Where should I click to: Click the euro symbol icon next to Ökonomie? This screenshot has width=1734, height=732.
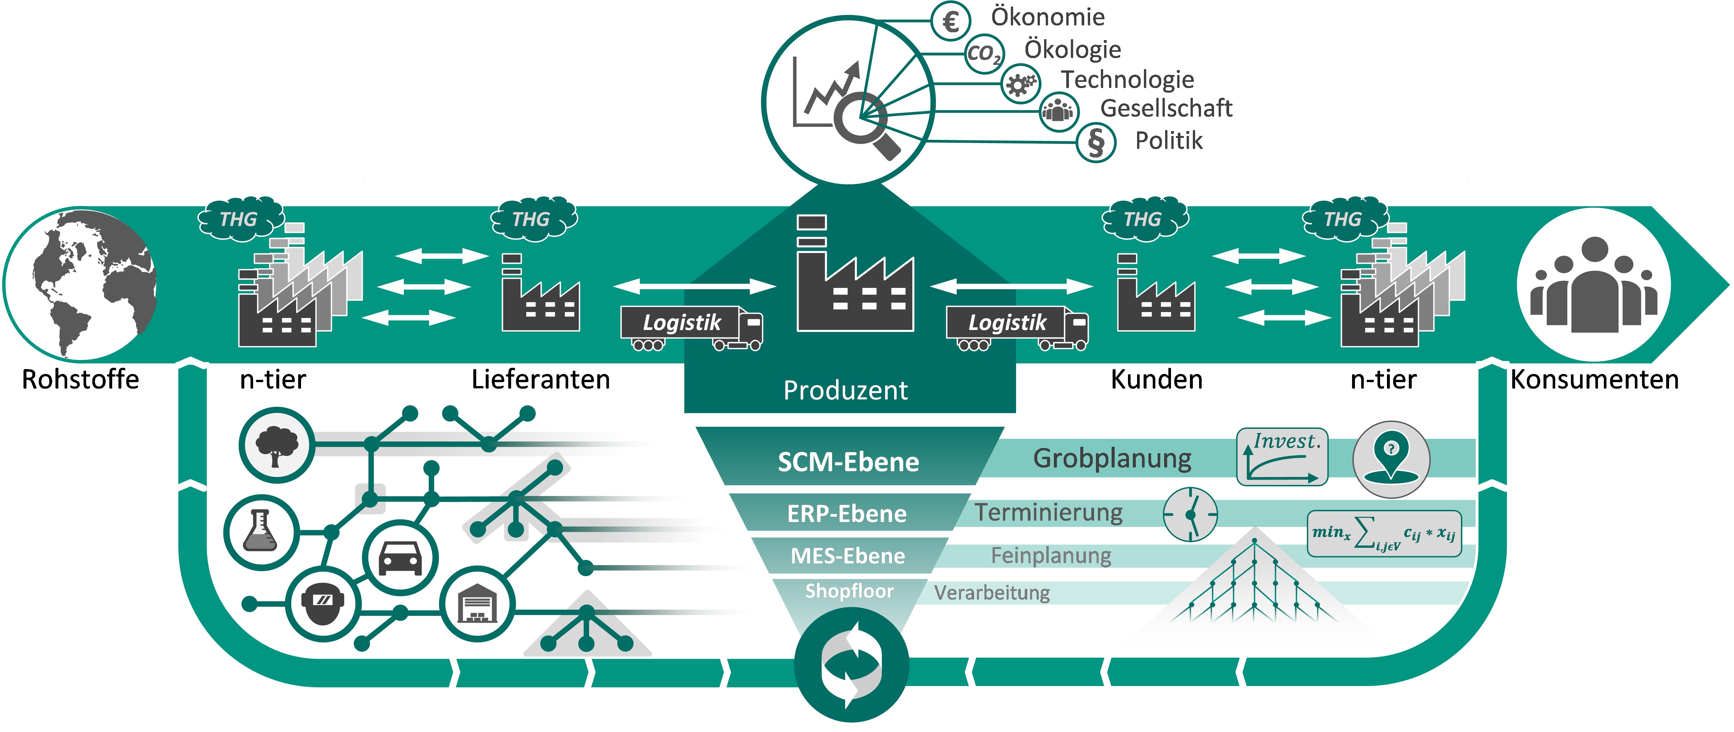[x=951, y=21]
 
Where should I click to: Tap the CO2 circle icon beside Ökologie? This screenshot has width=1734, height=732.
[x=984, y=53]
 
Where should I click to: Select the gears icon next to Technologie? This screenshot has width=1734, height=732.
[x=1021, y=84]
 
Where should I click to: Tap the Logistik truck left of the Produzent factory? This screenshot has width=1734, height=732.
[x=691, y=328]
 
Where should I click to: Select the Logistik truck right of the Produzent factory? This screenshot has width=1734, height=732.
[x=1017, y=328]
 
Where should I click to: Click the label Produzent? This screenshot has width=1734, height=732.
[x=845, y=390]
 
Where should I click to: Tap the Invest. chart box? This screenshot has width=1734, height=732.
[x=1282, y=457]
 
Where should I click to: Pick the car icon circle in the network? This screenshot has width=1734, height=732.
[x=401, y=558]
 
